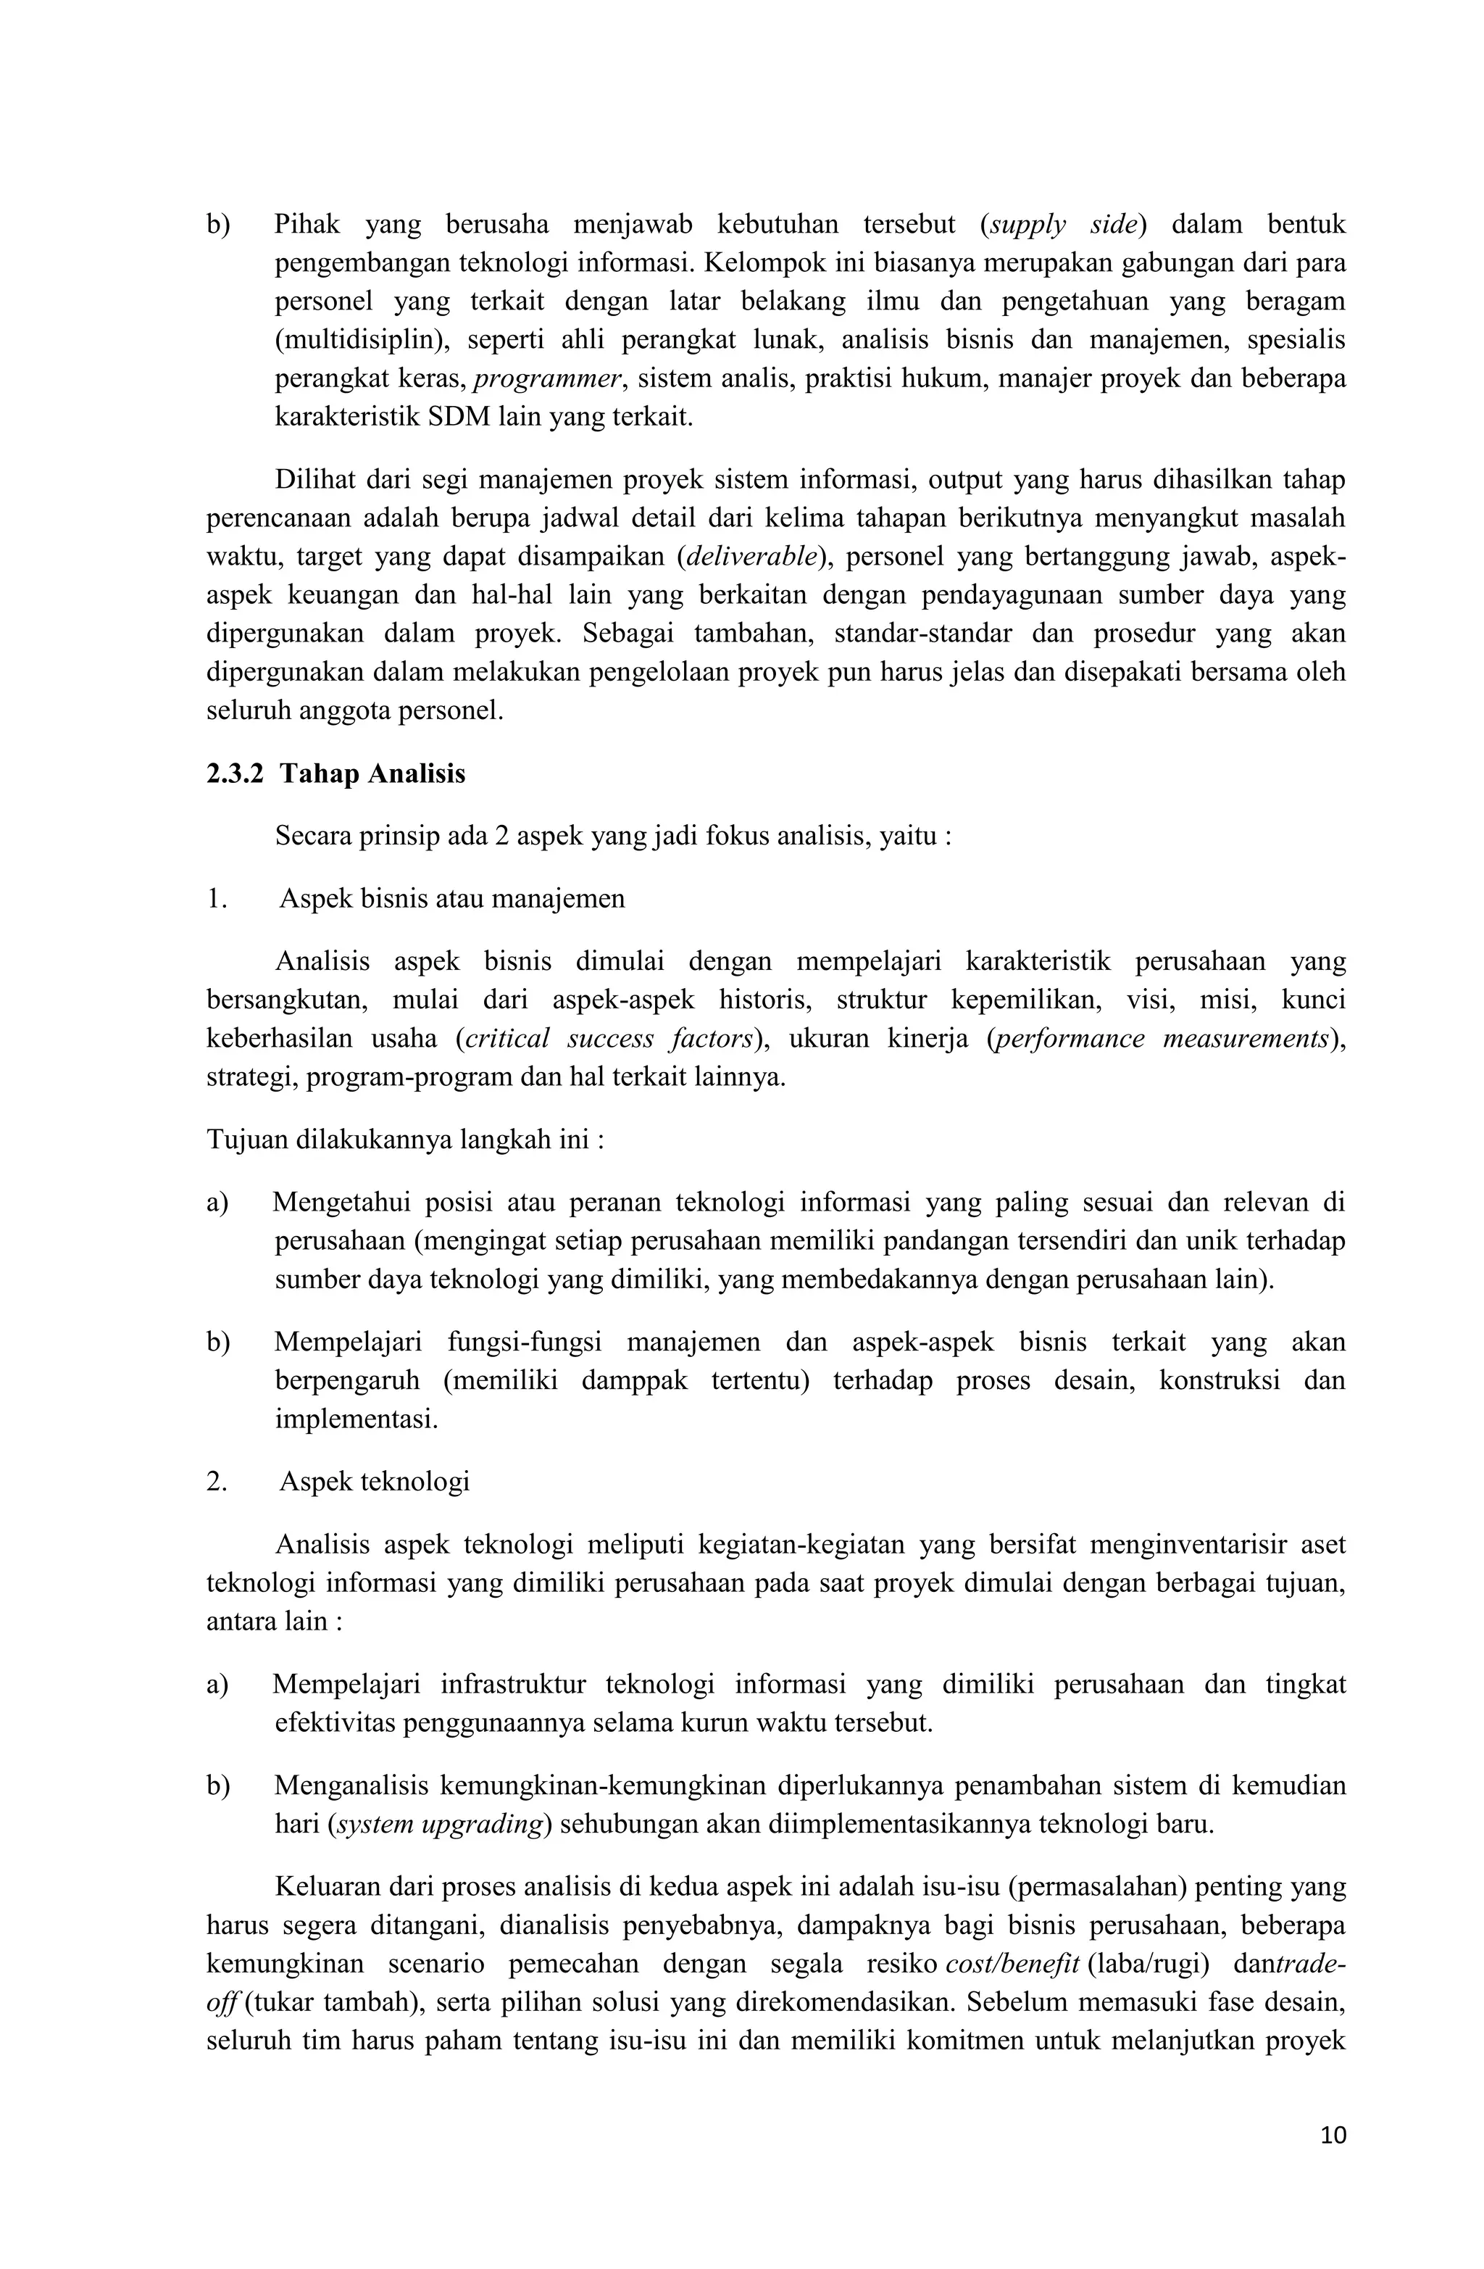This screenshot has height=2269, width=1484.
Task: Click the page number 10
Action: pyautogui.click(x=1333, y=2154)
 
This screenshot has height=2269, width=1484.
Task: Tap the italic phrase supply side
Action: pyautogui.click(x=1063, y=225)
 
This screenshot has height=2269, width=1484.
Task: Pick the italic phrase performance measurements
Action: pyautogui.click(x=1161, y=1038)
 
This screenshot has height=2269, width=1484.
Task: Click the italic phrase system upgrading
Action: pyautogui.click(x=439, y=1824)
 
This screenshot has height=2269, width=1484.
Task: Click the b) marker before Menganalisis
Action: pyautogui.click(x=218, y=1785)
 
